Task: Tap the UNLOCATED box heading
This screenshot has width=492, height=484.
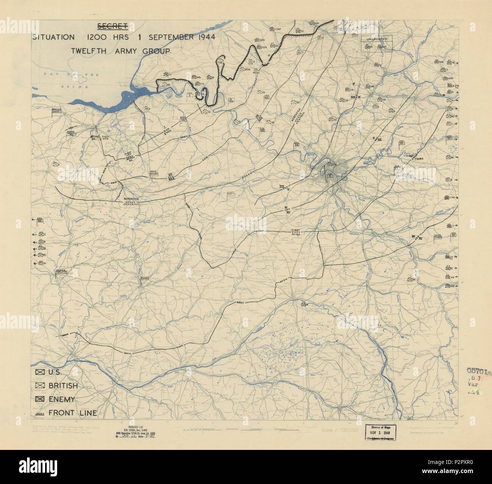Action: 377,39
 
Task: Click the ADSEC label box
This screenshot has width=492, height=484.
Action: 145,278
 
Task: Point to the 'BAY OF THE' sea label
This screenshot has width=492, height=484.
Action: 71,75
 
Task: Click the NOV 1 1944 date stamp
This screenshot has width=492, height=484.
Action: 379,432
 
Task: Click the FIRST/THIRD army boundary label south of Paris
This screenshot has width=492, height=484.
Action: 296,232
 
